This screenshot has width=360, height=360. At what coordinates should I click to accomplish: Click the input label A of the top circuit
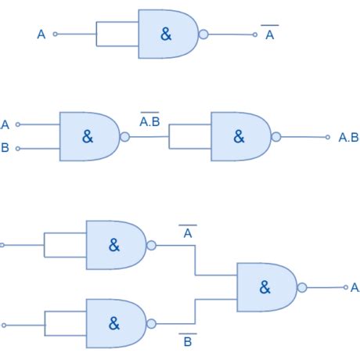point(41,34)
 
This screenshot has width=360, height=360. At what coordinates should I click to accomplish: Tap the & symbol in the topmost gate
point(166,34)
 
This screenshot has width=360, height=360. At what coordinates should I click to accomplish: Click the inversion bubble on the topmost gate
point(203,34)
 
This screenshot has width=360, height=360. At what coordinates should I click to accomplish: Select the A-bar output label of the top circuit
point(270,34)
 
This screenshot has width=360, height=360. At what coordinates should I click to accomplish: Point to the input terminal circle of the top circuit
point(55,34)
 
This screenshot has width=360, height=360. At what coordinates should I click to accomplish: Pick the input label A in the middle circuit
point(5,124)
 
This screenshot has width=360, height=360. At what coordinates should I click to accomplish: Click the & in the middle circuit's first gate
point(87,136)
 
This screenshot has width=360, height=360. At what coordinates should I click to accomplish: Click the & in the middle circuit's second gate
point(239,136)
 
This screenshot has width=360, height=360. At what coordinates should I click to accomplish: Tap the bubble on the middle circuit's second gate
point(276,136)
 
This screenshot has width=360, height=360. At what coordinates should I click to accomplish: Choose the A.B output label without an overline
point(348,138)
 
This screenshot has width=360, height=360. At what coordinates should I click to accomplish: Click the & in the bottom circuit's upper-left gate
point(114,245)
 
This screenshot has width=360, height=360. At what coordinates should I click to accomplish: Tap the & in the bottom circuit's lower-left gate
point(114,323)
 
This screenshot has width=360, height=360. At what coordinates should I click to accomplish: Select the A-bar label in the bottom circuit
point(188,232)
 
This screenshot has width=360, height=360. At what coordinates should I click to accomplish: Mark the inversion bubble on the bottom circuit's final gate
point(303,287)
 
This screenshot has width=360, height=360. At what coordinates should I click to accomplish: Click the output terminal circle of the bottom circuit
point(343,287)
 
